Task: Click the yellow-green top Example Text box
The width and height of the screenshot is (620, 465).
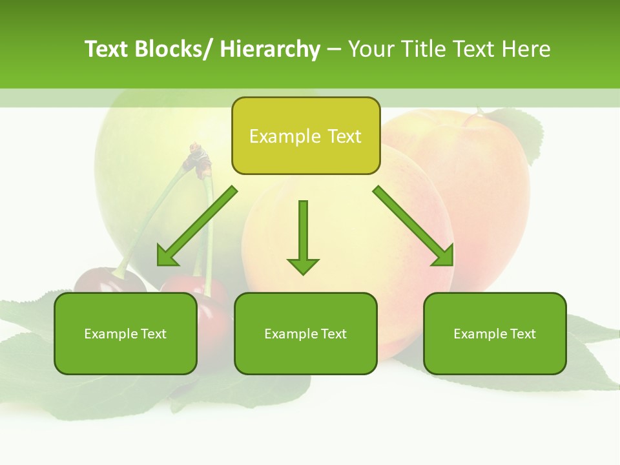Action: tap(305, 136)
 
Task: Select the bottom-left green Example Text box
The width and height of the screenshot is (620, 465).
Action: tap(125, 333)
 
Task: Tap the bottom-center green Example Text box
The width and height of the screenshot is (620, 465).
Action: tap(305, 333)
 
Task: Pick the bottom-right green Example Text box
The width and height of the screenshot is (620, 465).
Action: tap(495, 333)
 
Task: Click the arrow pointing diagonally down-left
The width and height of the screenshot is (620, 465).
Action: tap(197, 226)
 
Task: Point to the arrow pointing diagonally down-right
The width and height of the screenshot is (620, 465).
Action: tap(413, 226)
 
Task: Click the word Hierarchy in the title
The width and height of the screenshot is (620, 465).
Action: tap(270, 49)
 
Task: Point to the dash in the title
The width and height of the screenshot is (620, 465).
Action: tap(334, 50)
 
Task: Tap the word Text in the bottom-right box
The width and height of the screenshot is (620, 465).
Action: tap(522, 334)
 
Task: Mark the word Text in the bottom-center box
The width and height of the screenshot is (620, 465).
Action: tap(333, 334)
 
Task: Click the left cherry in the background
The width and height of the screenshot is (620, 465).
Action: tap(107, 282)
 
